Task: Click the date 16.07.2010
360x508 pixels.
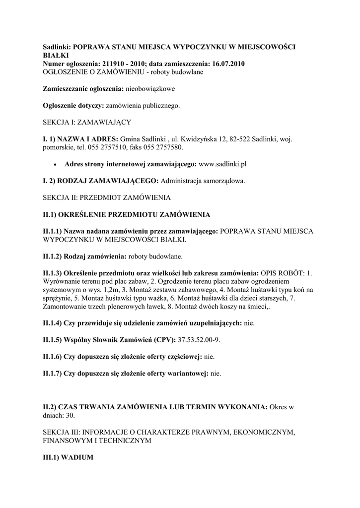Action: click(226, 64)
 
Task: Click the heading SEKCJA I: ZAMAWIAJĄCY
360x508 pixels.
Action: click(87, 122)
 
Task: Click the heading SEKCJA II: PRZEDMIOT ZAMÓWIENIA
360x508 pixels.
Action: click(107, 197)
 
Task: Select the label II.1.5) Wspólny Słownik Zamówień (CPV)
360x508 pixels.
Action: click(109, 340)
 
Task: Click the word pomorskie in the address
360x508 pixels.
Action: click(59, 148)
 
